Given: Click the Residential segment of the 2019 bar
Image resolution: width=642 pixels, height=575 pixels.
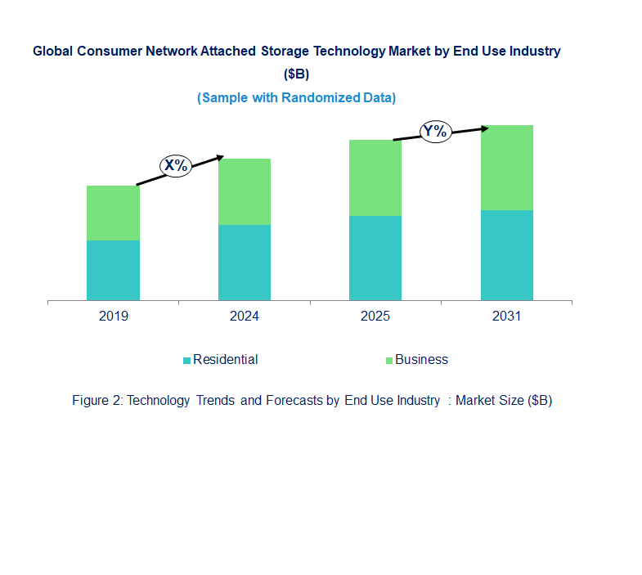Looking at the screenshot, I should [113, 270].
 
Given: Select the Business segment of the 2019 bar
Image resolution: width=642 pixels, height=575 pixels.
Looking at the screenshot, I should [113, 213].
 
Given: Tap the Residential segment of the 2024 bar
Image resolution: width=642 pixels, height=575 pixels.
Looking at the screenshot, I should [245, 263].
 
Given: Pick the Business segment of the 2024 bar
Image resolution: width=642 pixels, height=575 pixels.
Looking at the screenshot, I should [245, 191].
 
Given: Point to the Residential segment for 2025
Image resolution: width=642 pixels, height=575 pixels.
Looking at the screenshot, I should [375, 258].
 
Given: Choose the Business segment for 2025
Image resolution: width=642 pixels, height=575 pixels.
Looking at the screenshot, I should [375, 177].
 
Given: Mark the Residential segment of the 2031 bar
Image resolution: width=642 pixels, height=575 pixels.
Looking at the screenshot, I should [507, 255].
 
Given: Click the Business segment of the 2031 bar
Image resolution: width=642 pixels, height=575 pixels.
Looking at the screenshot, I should [507, 168].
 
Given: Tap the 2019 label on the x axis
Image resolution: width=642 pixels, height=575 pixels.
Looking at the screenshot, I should [113, 317].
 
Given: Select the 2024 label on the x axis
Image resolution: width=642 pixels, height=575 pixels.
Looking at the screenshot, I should [245, 317].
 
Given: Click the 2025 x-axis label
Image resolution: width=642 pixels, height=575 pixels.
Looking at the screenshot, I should [375, 317].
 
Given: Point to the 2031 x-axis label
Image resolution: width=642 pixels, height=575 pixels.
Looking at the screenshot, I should [507, 317].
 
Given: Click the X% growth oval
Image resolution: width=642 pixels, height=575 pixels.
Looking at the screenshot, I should [175, 165].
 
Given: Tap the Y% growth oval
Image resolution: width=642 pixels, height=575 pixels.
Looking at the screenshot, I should [436, 131].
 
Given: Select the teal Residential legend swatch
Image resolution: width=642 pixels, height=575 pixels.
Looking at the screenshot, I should [187, 361].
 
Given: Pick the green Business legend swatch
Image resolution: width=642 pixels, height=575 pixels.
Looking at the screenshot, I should [389, 361].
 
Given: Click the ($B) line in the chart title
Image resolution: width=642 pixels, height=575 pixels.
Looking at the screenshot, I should [296, 74].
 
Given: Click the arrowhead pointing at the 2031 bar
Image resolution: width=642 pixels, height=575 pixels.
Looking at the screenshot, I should [485, 128].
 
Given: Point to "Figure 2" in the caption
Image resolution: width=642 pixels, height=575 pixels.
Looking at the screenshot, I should [96, 401].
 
